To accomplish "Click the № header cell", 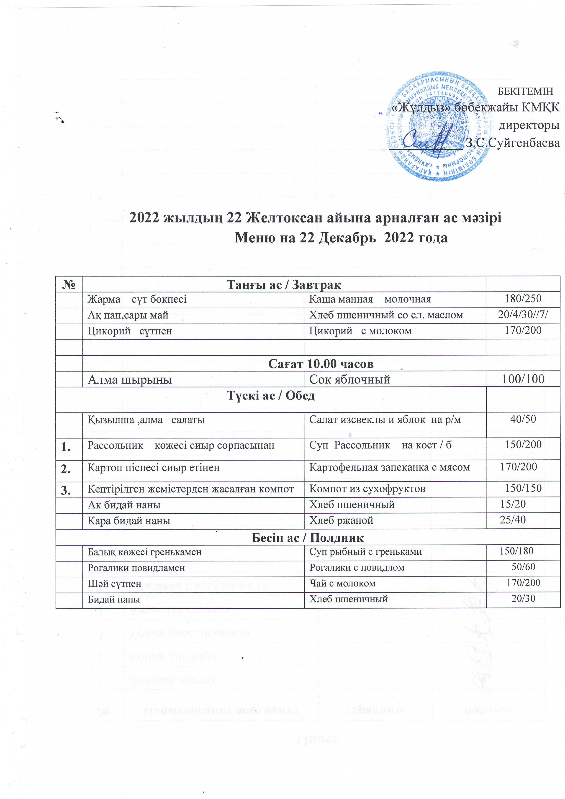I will (69, 284).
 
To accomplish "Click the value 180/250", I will (523, 299).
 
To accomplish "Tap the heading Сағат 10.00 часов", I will (321, 364).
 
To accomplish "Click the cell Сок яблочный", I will (349, 379).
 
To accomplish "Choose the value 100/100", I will (523, 379).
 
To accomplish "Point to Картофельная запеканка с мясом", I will (389, 467).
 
